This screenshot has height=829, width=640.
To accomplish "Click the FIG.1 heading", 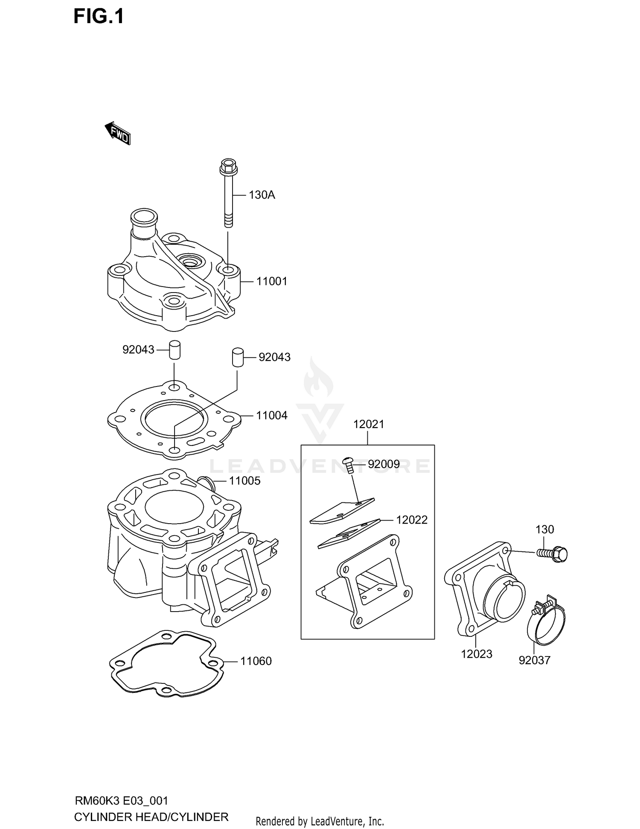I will coord(99,17).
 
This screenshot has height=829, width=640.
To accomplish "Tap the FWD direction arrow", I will coord(117,133).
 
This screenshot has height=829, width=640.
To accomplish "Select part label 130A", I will coord(262,195).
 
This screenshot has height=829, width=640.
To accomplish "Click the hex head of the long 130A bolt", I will coord(228,166).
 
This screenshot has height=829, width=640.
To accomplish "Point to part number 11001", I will coord(272,281).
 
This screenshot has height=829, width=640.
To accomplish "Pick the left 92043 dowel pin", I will coord(174,350).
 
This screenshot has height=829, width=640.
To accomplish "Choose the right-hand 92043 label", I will coord(274,357).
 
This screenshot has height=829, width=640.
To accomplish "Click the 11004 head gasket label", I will coord(272,415).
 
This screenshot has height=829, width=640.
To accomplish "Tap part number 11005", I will coord(244,481).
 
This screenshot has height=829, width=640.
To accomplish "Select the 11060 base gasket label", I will coord(256,661).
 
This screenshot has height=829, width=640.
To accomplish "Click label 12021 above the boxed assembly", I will coord(369,424).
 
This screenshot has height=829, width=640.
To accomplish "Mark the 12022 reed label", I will coord(412,520).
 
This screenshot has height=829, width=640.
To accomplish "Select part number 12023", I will coord(477,654).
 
